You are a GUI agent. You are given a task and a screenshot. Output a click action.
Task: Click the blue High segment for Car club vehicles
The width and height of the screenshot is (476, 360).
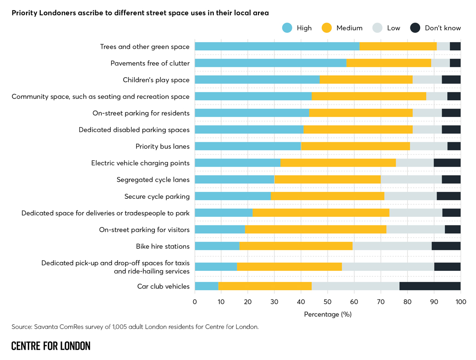206,286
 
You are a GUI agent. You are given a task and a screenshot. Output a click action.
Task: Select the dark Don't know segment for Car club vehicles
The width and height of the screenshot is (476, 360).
430,286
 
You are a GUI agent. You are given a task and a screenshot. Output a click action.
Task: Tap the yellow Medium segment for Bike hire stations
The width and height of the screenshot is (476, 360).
296,246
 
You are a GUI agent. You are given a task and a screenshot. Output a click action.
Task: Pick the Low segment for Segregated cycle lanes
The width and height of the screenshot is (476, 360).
411,179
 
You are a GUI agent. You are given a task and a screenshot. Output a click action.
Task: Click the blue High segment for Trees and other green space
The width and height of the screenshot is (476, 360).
277,46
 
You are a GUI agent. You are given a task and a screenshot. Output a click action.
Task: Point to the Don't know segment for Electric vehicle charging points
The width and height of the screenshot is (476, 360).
447,163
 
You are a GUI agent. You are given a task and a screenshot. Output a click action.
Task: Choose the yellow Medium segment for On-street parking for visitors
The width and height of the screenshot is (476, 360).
316,229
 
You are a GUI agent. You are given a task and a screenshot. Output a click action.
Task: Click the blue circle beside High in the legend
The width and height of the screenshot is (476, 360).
287,28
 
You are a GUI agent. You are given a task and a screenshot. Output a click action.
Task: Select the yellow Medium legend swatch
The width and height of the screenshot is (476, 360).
327,28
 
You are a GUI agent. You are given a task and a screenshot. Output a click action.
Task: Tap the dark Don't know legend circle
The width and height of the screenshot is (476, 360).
416,28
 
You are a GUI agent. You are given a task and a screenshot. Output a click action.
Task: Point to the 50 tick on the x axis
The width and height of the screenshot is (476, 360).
328,302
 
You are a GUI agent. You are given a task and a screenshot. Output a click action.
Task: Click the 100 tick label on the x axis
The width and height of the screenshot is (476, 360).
461,302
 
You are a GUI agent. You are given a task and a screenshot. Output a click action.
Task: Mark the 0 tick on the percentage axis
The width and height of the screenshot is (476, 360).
195,302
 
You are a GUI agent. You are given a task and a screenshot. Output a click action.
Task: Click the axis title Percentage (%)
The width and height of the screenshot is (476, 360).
328,314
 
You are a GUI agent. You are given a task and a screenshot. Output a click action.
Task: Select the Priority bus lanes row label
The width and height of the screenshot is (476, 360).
163,146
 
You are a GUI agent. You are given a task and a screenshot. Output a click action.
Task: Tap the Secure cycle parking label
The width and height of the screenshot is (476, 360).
157,196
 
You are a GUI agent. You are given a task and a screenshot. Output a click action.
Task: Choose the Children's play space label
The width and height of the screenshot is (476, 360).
156,80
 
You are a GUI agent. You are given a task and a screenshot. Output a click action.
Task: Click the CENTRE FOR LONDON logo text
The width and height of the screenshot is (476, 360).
51,346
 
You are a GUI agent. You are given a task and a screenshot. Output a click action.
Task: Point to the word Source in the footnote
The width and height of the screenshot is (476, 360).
22,327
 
